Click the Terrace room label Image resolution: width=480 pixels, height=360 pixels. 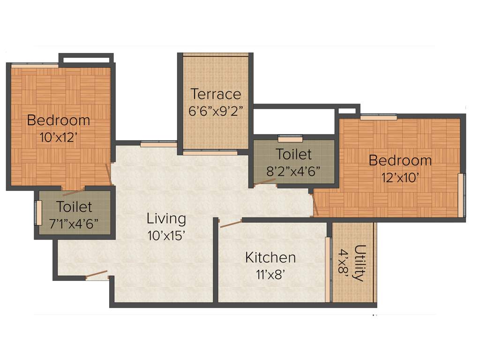216,94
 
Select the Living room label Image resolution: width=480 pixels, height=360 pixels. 166,218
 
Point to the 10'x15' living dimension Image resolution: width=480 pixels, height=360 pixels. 166,235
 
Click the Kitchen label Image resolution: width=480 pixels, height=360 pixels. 270,257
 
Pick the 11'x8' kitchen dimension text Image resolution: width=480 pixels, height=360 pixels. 270,274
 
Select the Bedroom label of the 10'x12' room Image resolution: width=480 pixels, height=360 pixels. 58,120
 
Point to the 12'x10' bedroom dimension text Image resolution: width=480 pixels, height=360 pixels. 400,177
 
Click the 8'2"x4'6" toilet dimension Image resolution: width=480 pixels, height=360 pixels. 293,171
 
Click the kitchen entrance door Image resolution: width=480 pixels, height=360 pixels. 231,223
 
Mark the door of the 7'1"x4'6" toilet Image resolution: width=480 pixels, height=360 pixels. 73,191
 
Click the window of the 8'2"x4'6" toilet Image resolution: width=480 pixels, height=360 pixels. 290,139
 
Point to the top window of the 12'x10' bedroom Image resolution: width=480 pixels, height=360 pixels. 378,117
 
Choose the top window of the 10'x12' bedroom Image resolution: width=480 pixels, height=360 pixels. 35,66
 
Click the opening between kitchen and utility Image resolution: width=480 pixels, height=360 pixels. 328,270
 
